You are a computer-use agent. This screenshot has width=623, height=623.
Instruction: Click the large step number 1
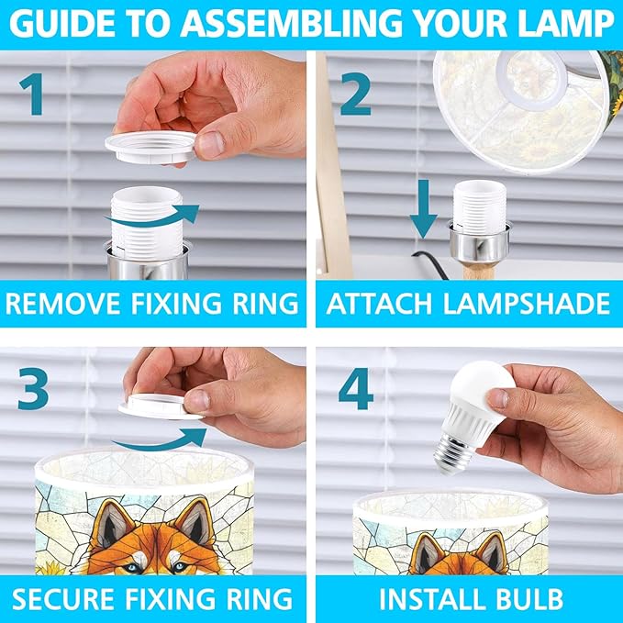(x=32, y=95)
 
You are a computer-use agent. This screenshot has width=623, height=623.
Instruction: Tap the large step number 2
(x=356, y=95)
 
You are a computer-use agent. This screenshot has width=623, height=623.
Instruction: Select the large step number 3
(x=33, y=388)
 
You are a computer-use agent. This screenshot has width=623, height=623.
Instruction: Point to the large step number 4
(x=356, y=388)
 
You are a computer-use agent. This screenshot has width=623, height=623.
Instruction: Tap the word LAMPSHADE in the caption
(x=526, y=304)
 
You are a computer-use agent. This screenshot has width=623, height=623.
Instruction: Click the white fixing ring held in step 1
(x=151, y=147)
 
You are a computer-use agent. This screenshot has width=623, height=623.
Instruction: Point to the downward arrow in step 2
(x=424, y=208)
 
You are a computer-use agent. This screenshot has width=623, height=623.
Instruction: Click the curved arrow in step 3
(x=159, y=440)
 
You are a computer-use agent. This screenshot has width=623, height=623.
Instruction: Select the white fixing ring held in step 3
(x=160, y=406)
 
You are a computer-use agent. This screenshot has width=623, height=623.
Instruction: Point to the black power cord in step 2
(x=431, y=264)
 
